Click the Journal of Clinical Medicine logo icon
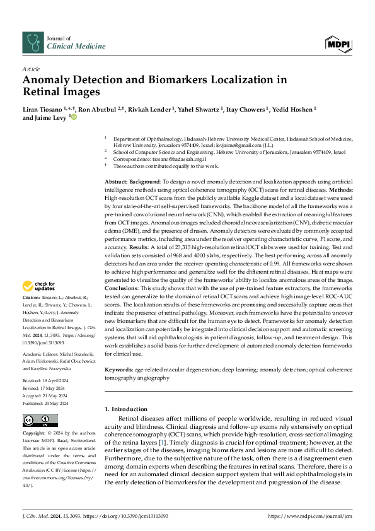point(32,42)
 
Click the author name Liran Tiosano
point(44,110)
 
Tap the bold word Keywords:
point(120,368)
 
